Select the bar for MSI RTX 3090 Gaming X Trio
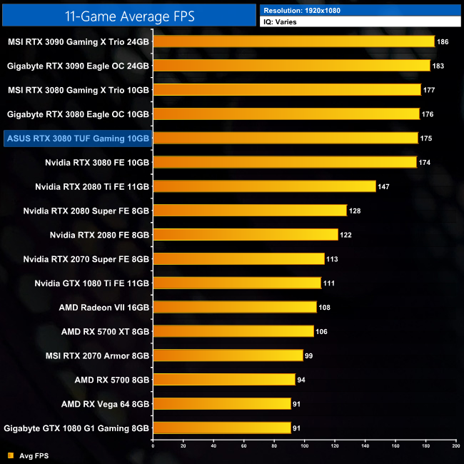(x=293, y=41)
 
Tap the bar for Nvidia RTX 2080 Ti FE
(x=264, y=186)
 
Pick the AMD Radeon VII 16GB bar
(x=234, y=307)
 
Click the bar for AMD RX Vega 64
(x=221, y=403)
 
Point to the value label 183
(x=440, y=66)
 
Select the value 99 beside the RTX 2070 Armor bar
(x=308, y=355)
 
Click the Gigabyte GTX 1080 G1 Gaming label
(x=76, y=428)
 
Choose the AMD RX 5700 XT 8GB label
(x=105, y=331)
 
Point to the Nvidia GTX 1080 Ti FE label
(x=91, y=283)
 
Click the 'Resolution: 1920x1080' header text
(x=301, y=11)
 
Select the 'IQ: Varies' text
(x=281, y=22)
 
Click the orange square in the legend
(x=10, y=455)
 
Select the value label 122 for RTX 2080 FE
(x=347, y=235)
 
